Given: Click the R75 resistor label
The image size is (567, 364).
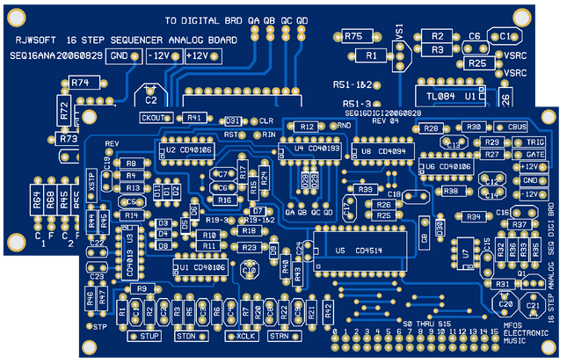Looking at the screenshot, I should point(353,36).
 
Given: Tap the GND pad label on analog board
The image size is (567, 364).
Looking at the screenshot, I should point(118,55).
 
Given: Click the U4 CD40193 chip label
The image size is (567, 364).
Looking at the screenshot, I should point(317,149).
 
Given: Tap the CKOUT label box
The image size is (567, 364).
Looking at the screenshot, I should point(156,118).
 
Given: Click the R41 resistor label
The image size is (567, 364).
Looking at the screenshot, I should point(195,118).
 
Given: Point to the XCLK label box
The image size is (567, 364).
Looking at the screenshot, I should point(245,336).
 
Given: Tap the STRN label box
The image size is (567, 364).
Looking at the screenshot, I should point(278,336).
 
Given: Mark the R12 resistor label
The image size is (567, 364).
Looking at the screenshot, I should point(307,127).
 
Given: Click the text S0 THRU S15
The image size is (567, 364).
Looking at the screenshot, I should point(426,324).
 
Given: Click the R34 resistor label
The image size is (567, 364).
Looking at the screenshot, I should point(472,215).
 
